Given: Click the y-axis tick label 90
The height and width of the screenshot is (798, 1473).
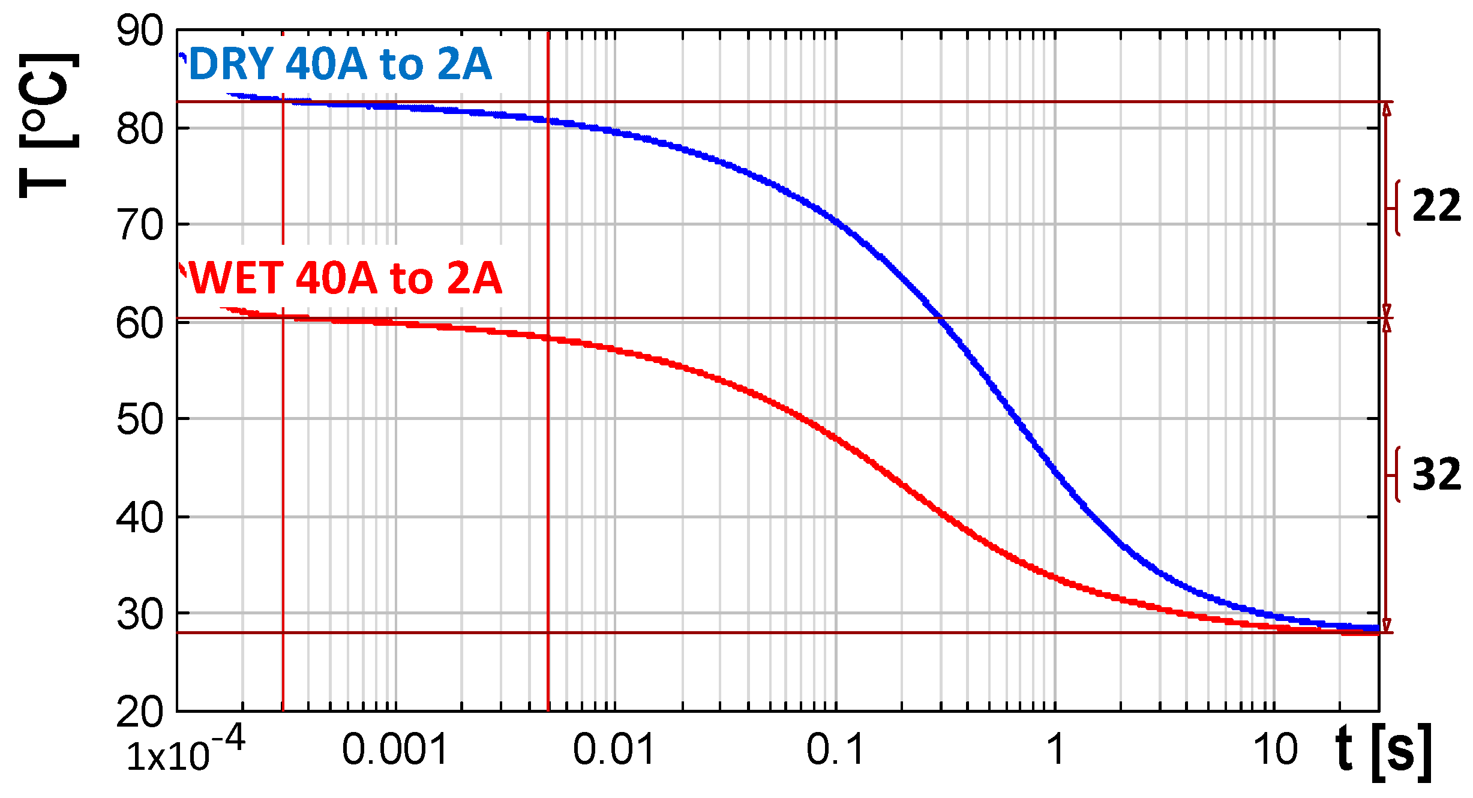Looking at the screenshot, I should [x=140, y=31].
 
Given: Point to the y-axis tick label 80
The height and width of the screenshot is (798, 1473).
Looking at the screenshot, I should [x=140, y=129].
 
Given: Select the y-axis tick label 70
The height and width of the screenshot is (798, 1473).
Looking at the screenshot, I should [x=140, y=226].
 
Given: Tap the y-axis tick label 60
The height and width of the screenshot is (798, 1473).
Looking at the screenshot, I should [x=140, y=323].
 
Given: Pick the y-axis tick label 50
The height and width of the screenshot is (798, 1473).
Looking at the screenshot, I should [x=140, y=420].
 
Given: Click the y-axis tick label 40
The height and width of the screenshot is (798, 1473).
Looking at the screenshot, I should [x=140, y=517].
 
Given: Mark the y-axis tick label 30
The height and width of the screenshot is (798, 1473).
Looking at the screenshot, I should [x=140, y=614].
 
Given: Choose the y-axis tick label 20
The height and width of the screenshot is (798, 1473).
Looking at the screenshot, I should [x=140, y=712].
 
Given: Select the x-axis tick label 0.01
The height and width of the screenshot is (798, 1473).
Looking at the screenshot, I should [x=613, y=750].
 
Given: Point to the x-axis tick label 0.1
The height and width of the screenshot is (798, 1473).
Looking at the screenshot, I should [x=835, y=750].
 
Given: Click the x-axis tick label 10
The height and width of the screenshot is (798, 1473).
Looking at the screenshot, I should [x=1275, y=750].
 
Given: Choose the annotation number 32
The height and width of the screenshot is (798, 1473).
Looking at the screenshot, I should [x=1436, y=475].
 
